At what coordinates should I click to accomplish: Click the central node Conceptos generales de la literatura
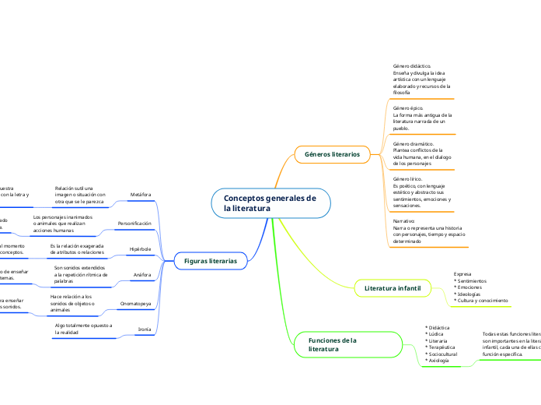(270, 203)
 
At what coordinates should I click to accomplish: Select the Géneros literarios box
(332, 154)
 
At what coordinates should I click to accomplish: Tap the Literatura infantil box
(392, 288)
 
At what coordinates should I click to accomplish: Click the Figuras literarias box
(210, 261)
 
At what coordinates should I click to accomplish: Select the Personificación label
(134, 223)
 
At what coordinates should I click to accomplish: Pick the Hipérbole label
(140, 249)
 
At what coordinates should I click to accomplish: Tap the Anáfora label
(142, 275)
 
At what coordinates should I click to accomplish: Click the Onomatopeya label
(136, 302)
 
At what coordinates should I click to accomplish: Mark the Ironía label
(144, 329)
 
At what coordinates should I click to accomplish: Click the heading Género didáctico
(412, 66)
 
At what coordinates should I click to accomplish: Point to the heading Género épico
(409, 107)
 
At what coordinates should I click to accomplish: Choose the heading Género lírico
(407, 178)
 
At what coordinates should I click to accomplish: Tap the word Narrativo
(404, 220)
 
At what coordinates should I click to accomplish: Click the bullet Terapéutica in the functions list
(443, 347)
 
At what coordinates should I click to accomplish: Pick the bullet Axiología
(441, 361)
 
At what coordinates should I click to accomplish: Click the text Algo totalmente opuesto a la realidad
(83, 328)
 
